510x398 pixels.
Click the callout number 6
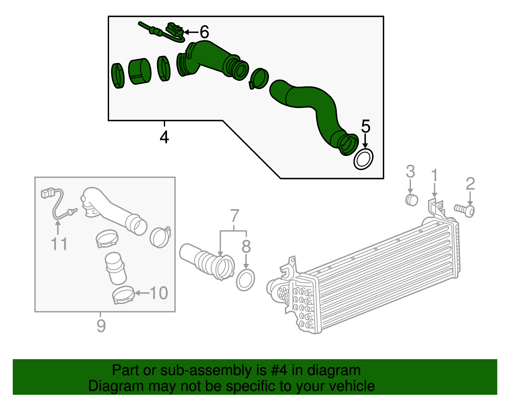(x=204, y=32)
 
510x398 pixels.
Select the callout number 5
(x=366, y=127)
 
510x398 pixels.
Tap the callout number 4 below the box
(x=164, y=137)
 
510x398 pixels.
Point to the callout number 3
(x=410, y=171)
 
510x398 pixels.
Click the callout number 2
(x=470, y=184)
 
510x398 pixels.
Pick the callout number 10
(x=159, y=293)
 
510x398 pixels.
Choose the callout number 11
(x=59, y=244)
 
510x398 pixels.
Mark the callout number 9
(x=101, y=325)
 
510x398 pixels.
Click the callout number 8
(x=246, y=246)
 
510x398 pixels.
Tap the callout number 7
(x=235, y=216)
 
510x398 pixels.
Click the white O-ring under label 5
(x=363, y=159)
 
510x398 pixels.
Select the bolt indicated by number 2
(x=465, y=210)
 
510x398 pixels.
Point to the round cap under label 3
(x=412, y=199)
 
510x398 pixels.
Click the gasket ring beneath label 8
(x=245, y=280)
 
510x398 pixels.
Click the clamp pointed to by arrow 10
(x=123, y=295)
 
